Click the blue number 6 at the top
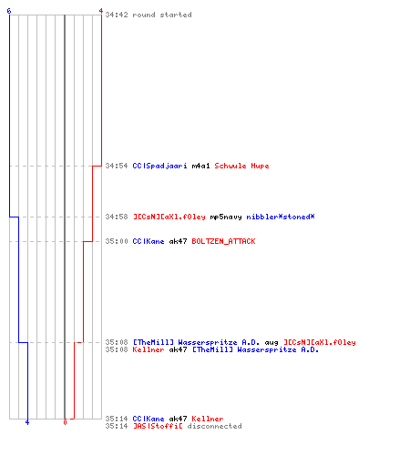(9, 11)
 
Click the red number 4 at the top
(101, 11)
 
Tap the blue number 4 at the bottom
(27, 422)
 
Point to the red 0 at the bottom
(65, 422)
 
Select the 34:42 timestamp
(117, 15)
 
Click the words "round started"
(162, 15)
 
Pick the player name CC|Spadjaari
(159, 166)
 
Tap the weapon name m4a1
(200, 166)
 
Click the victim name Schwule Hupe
(241, 166)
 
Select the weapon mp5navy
(226, 217)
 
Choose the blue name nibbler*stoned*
(281, 217)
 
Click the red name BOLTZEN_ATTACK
(223, 241)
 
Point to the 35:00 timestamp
(117, 241)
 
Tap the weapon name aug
(272, 343)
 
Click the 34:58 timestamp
(117, 217)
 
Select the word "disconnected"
(214, 426)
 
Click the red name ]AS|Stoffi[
(158, 426)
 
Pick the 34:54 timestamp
(117, 166)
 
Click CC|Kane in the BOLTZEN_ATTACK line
(149, 241)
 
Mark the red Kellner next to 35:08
(149, 349)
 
